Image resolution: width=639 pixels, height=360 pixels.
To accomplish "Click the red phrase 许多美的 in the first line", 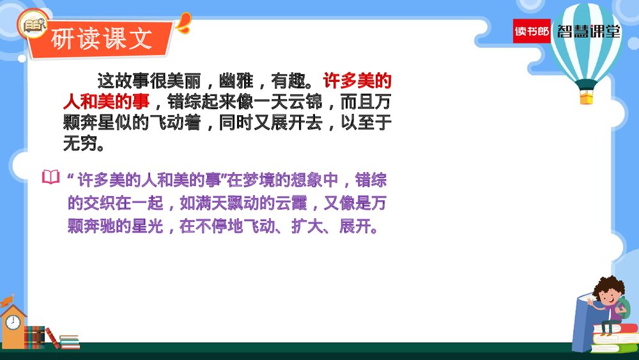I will (x=357, y=81).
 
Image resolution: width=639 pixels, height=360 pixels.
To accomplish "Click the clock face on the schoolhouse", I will (x=13, y=322).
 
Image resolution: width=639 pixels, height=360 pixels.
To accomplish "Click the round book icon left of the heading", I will (x=33, y=25).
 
